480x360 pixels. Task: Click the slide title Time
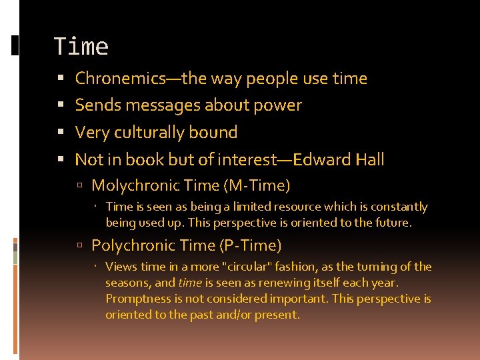[x=81, y=47]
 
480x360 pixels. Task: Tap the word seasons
[x=128, y=283]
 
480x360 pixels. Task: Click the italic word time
[x=189, y=283]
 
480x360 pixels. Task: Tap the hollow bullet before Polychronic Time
[x=80, y=246]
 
